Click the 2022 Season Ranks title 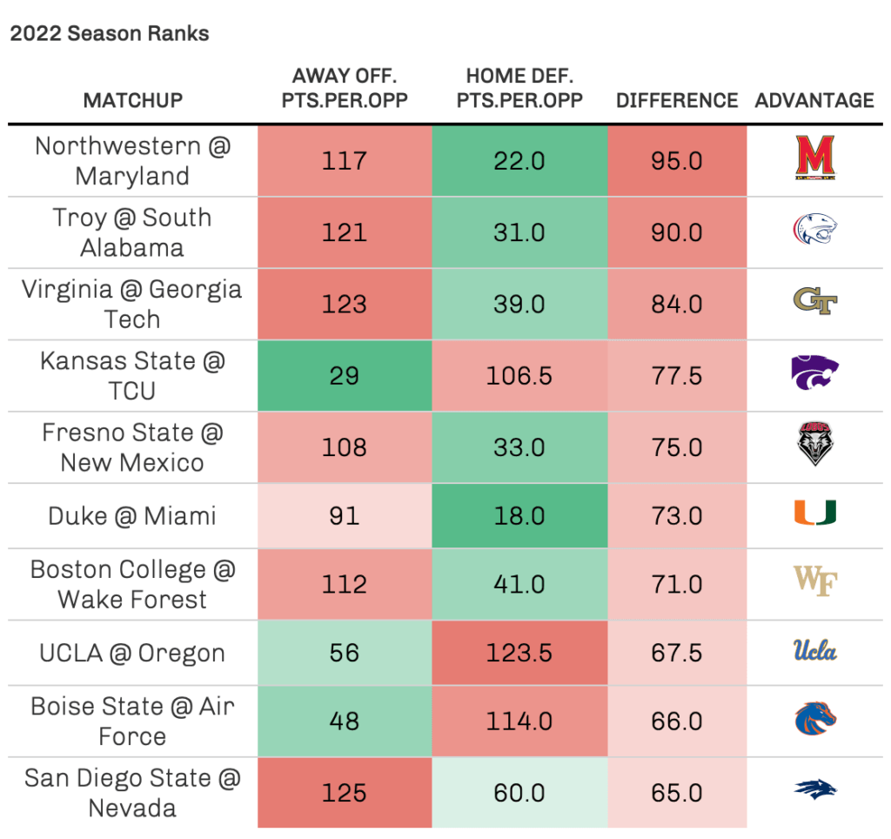(110, 34)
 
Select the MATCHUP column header (133, 100)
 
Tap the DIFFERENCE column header (677, 100)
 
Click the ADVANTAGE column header (814, 100)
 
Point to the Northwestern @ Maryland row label (133, 161)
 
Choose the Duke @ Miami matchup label (133, 515)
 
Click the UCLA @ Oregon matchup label (133, 653)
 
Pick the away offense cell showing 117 (345, 161)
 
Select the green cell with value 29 (345, 375)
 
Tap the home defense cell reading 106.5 (519, 375)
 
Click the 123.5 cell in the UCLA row (519, 653)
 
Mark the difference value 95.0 (677, 161)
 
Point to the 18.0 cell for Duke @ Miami (519, 515)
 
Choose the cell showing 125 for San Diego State (345, 793)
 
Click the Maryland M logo (814, 161)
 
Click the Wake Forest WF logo (814, 581)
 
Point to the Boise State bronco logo (814, 719)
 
